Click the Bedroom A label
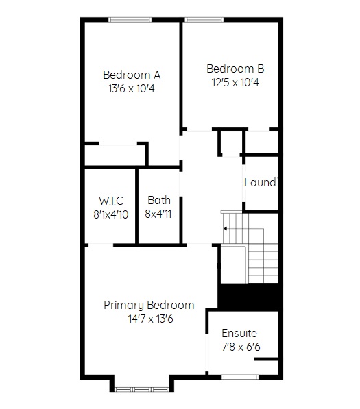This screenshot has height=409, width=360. [x=132, y=75]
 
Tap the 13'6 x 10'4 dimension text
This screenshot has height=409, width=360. [x=131, y=88]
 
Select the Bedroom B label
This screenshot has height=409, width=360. [x=235, y=69]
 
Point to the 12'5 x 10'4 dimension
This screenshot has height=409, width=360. [x=235, y=83]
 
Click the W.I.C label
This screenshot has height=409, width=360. [x=111, y=201]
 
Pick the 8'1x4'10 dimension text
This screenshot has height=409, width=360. [x=111, y=214]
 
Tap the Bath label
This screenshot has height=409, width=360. [x=159, y=200]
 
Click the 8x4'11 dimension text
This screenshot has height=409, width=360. [x=158, y=214]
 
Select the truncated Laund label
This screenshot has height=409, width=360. [x=261, y=182]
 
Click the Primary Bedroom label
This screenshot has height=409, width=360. [x=149, y=305]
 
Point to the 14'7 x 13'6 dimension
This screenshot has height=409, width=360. [x=150, y=319]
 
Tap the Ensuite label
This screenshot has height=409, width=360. [x=239, y=333]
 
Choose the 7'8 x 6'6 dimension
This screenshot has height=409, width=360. [x=241, y=347]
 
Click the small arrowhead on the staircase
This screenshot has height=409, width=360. [x=225, y=229]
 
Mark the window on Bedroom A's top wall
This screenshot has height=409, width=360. [x=130, y=20]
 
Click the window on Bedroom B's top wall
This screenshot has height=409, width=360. [x=204, y=20]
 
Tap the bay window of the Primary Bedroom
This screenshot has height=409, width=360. [x=142, y=389]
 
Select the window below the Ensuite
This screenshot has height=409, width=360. [x=240, y=377]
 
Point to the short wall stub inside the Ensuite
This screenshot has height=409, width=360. [x=266, y=359]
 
